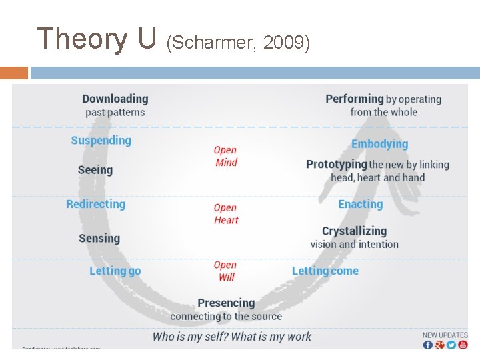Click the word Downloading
click(x=115, y=99)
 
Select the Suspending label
click(x=101, y=140)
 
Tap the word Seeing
click(x=95, y=170)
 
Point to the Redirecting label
click(x=96, y=204)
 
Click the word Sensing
click(x=99, y=238)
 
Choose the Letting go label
click(x=115, y=271)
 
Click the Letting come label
click(x=325, y=271)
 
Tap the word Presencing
click(x=226, y=303)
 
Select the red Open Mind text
click(x=225, y=156)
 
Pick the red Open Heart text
click(x=225, y=213)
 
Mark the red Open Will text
click(x=225, y=271)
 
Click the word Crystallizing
click(x=354, y=231)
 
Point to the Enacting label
click(x=361, y=204)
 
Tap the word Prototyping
click(x=337, y=164)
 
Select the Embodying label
click(x=379, y=144)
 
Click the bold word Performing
click(x=355, y=99)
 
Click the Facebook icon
click(x=428, y=344)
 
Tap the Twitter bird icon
click(x=451, y=344)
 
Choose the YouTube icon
click(x=463, y=344)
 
